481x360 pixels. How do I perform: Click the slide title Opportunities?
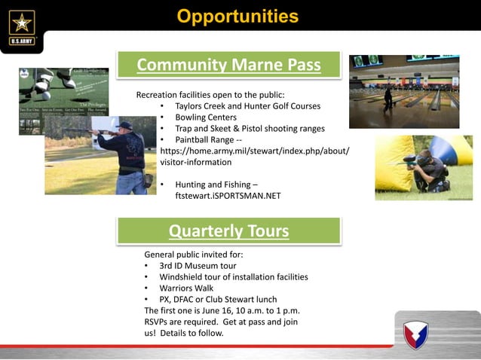tap(237, 16)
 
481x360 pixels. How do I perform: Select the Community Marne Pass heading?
tap(228, 66)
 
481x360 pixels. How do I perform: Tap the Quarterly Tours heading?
tap(228, 230)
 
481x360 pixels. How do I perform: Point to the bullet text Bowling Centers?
tap(206, 117)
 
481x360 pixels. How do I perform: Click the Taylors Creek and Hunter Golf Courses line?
tap(247, 106)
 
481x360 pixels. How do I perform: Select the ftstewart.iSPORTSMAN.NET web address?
tap(228, 195)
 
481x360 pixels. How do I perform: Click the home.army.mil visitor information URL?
tap(255, 151)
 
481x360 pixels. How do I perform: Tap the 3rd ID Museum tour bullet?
tap(198, 266)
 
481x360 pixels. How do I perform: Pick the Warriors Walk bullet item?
tap(186, 288)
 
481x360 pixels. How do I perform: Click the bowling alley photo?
tap(403, 91)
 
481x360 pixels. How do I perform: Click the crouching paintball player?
tap(430, 169)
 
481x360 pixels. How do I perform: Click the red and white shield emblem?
tap(415, 334)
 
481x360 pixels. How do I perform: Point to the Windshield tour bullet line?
tap(234, 276)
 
